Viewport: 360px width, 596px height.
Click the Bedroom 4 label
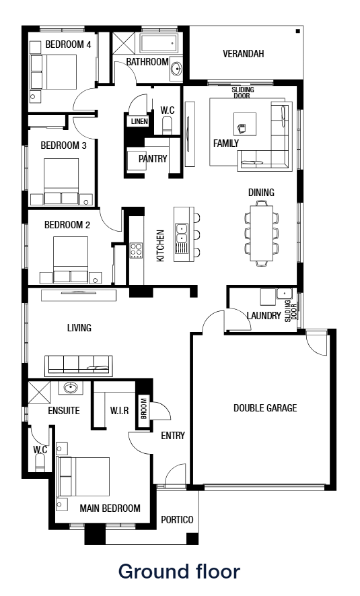click(x=68, y=44)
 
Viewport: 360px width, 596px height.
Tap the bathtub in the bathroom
click(x=159, y=44)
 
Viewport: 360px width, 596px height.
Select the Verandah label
click(x=243, y=54)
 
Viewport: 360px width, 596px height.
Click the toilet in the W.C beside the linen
click(x=168, y=125)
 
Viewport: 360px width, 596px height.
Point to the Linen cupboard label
click(x=139, y=122)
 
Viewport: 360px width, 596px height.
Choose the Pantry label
click(x=152, y=159)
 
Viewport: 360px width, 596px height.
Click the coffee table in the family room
click(x=244, y=123)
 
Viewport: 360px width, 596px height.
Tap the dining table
click(x=261, y=232)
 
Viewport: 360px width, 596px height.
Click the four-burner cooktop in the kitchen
click(x=136, y=250)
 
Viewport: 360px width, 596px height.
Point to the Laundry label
click(x=264, y=315)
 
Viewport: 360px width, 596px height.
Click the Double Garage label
click(x=265, y=407)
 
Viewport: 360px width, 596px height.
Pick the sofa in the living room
click(x=78, y=364)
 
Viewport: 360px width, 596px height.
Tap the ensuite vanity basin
click(x=71, y=388)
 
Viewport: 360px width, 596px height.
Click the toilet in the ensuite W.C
click(x=39, y=462)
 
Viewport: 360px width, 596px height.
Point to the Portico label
click(x=177, y=520)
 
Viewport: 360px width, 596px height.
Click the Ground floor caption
click(x=179, y=572)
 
